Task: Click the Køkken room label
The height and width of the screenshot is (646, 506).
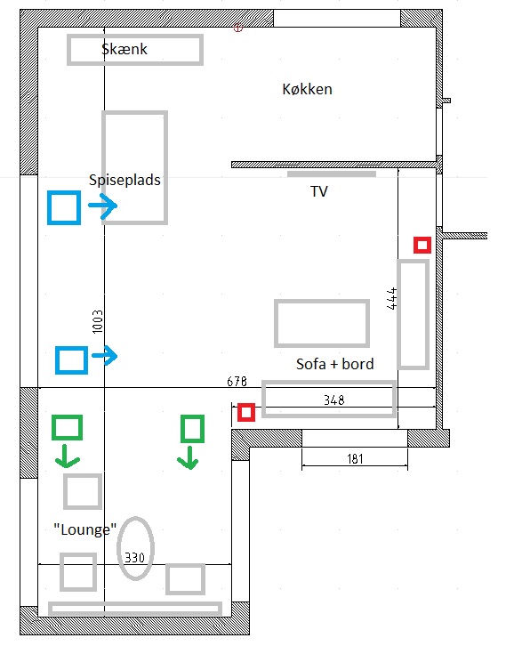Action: [307, 89]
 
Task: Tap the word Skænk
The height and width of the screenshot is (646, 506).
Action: [124, 49]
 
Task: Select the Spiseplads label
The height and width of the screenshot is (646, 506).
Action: [124, 180]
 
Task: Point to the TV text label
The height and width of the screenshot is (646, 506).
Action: [319, 191]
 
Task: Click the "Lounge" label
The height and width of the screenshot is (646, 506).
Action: [85, 529]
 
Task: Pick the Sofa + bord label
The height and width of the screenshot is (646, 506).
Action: [335, 364]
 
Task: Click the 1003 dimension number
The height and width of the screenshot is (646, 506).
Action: [98, 322]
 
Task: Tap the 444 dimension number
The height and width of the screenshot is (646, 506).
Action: [392, 298]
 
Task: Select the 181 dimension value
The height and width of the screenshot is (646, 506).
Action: [355, 458]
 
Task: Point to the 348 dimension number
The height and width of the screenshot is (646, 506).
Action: [333, 400]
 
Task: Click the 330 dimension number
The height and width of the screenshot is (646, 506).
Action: [134, 557]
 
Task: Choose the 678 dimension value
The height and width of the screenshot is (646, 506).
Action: [237, 382]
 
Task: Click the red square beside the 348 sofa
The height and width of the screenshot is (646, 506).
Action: [246, 412]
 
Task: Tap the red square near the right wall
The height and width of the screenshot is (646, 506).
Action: [422, 245]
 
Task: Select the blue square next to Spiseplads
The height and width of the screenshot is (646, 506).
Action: [64, 207]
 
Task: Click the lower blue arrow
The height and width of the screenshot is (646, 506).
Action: [105, 356]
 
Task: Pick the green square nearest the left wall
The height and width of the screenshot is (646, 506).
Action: [67, 427]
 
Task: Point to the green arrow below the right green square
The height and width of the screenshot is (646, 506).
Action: [189, 457]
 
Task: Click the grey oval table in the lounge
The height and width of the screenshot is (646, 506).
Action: [135, 548]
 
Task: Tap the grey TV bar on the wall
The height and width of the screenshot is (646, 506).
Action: [332, 174]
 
